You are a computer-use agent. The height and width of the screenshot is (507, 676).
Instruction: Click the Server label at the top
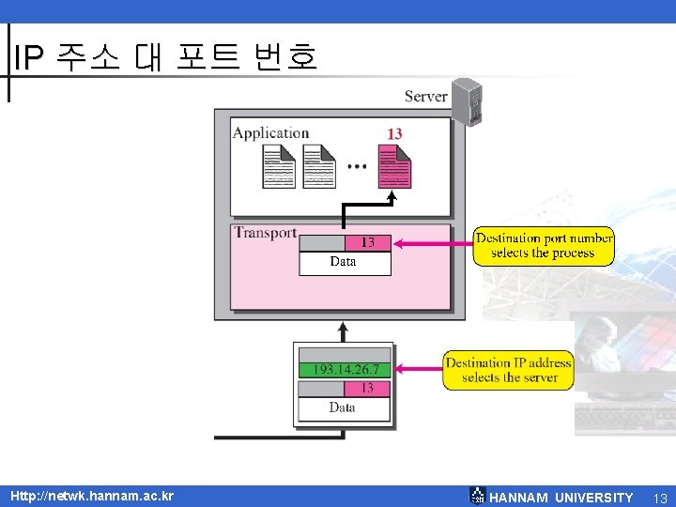[425, 97]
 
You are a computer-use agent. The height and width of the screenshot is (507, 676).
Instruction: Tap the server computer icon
[467, 101]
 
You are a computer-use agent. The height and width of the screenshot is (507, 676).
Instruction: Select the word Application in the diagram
[270, 133]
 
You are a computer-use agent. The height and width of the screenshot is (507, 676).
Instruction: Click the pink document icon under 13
[394, 167]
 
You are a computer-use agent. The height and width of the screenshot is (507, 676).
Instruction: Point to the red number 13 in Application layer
[394, 134]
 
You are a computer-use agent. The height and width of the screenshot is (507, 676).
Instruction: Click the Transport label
[265, 233]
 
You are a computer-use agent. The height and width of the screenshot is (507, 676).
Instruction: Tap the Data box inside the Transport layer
[344, 262]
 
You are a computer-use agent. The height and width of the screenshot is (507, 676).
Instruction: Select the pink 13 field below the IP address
[367, 388]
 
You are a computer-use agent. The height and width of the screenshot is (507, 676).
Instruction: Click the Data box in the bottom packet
[344, 408]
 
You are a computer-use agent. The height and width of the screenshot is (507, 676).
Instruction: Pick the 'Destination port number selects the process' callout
[544, 246]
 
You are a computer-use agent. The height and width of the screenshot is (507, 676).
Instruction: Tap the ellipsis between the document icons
[357, 167]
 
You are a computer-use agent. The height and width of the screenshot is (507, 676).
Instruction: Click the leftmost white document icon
[279, 167]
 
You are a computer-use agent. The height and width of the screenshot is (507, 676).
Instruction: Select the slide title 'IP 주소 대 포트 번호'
[165, 57]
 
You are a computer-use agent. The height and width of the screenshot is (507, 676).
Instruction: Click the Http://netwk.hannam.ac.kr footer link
[92, 496]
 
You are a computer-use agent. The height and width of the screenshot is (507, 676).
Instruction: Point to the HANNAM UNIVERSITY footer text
[561, 498]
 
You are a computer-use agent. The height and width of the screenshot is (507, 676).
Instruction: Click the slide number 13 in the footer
[659, 498]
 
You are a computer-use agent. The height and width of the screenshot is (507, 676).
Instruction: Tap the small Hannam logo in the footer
[477, 496]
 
